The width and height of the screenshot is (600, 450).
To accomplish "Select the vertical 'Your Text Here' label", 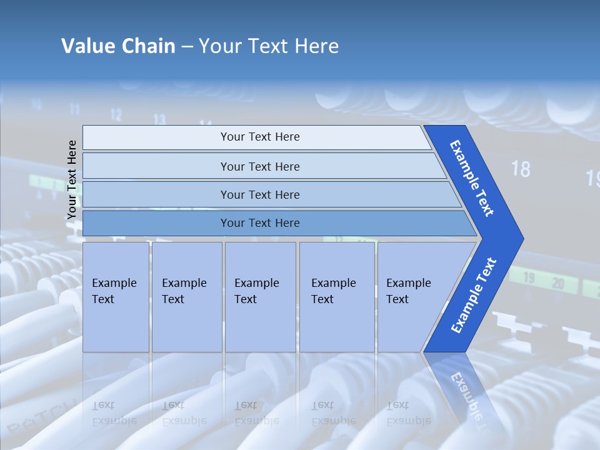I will [72, 180].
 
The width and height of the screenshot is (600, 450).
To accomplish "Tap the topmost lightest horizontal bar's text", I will [260, 137].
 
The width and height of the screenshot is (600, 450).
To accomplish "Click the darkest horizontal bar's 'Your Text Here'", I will [260, 223].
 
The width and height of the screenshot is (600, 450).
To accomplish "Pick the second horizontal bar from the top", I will [260, 166].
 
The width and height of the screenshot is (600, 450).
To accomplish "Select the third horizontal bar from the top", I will [260, 195].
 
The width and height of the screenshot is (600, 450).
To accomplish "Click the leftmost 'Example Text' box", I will [116, 296].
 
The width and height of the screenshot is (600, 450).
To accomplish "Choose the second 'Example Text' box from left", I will [186, 296].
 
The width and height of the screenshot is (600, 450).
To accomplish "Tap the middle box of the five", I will [260, 296].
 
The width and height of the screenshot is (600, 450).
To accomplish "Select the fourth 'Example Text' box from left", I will [336, 296].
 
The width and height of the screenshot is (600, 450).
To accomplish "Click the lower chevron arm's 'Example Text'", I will [473, 296].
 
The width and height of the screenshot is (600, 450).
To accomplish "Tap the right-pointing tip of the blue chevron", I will [518, 238].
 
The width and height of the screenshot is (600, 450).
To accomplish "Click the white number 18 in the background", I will [520, 169].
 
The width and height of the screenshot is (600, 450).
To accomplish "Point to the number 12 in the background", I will [116, 114].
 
